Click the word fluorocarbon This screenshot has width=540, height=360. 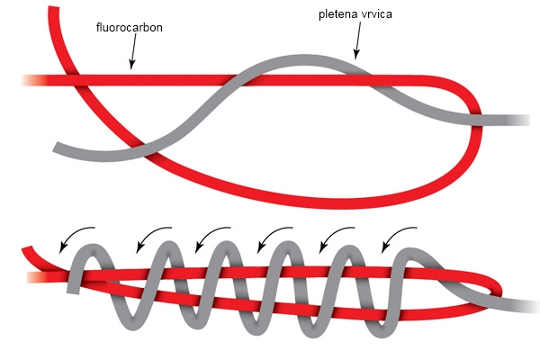coord(129,27)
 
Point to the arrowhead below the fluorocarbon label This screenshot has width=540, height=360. coord(131,65)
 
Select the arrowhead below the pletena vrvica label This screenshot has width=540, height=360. coord(356,54)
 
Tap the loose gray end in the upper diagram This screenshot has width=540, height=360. coord(57,147)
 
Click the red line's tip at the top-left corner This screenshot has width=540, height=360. coord(54,7)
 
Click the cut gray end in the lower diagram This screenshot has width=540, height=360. coord(73,292)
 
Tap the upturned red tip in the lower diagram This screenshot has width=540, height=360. coord(27,249)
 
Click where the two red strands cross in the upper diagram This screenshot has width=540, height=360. coord(76,80)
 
